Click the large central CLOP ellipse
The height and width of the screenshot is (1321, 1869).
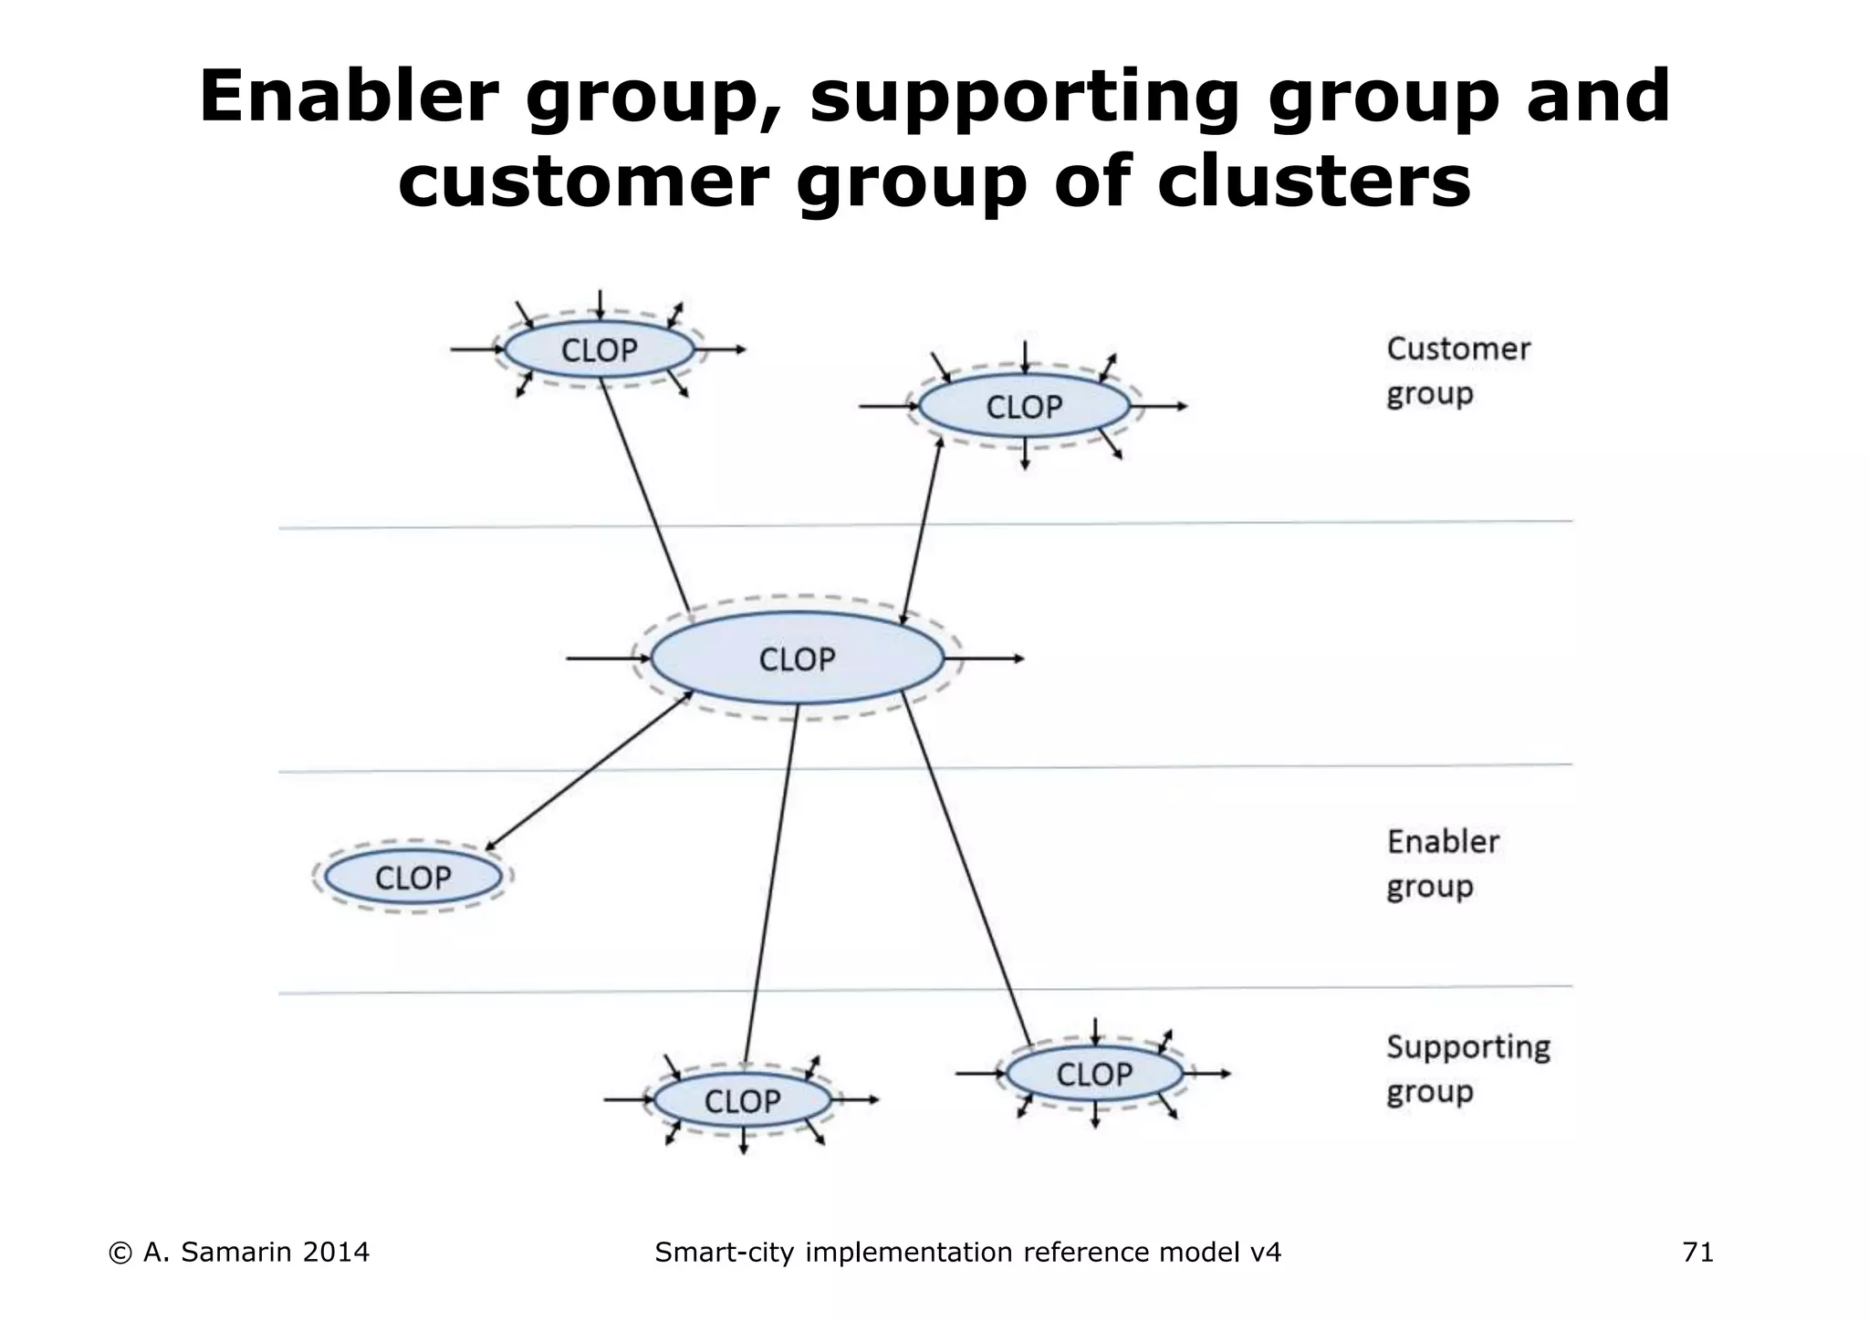tap(798, 659)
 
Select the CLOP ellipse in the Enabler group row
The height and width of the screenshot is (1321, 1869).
tap(413, 878)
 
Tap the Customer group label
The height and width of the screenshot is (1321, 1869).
tap(1457, 371)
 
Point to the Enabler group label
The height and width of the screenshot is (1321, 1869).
tap(1442, 863)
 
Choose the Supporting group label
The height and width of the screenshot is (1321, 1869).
tap(1467, 1068)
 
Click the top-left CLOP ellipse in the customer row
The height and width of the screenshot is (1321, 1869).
tap(600, 350)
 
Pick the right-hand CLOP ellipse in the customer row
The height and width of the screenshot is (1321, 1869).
tap(1024, 407)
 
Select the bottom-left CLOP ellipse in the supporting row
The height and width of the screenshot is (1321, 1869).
tap(742, 1101)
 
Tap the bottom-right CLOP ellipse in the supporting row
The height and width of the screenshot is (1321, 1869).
tap(1094, 1075)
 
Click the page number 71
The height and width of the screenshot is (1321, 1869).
tap(1697, 1253)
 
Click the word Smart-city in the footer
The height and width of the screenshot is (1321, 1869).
tap(726, 1253)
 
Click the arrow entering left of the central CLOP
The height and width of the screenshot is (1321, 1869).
tap(602, 659)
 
